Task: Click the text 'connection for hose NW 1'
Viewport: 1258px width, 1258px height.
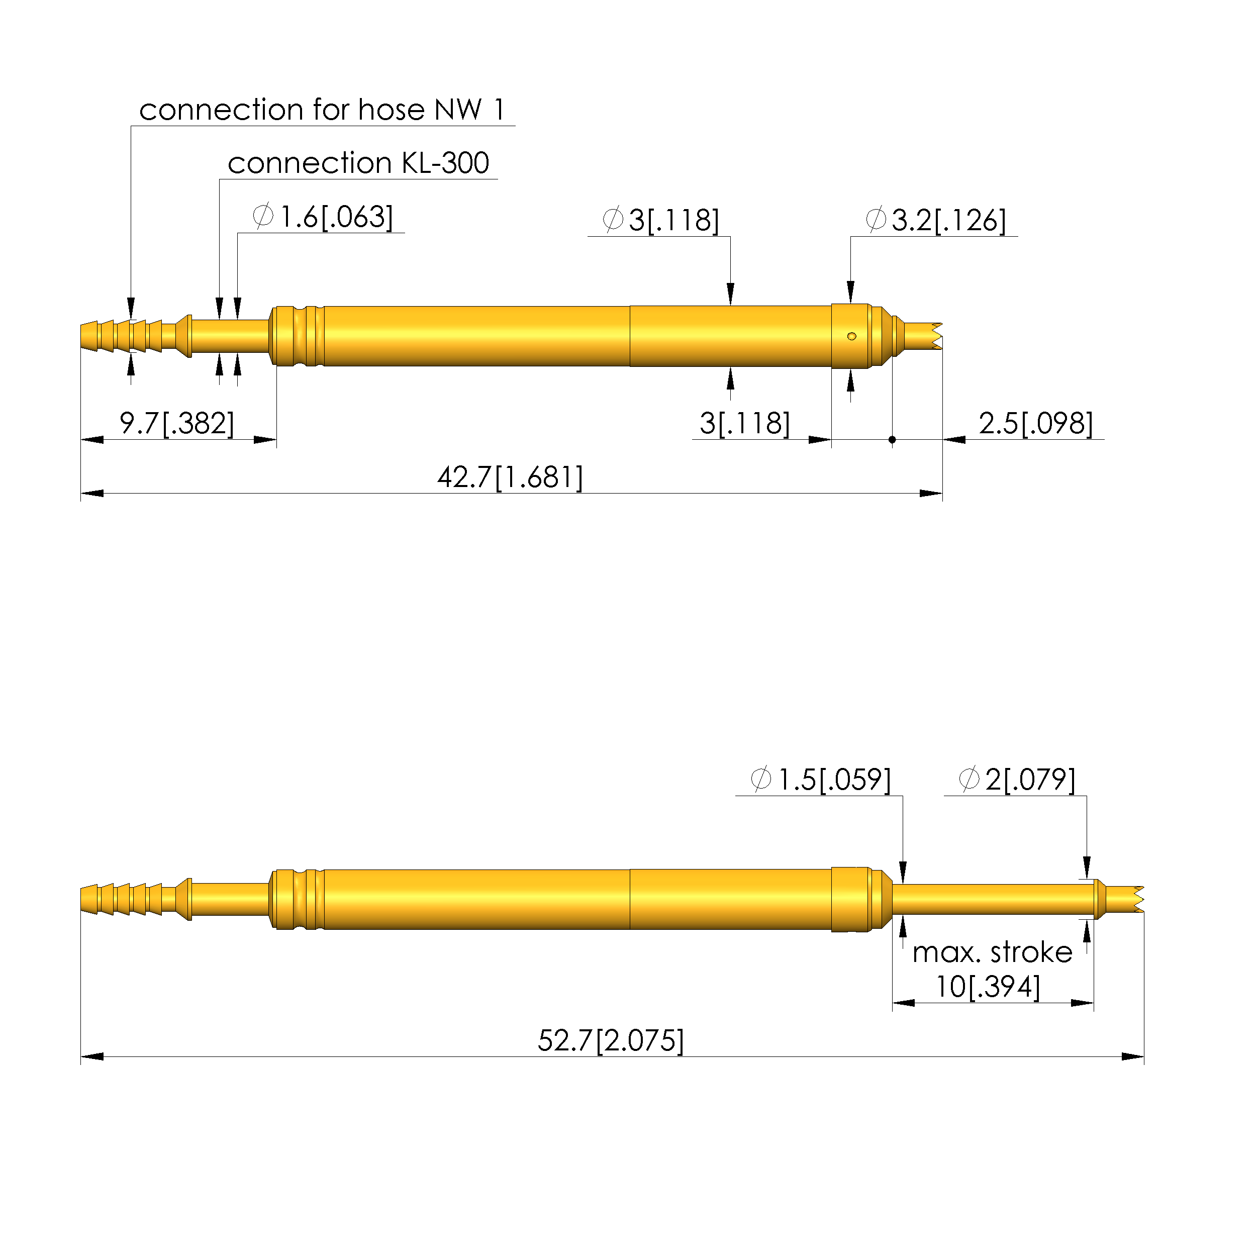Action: click(x=322, y=110)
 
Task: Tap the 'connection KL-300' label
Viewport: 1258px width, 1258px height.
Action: click(x=358, y=163)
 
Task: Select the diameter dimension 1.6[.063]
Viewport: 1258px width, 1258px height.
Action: click(x=336, y=217)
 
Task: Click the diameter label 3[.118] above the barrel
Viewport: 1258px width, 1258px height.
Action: click(x=674, y=220)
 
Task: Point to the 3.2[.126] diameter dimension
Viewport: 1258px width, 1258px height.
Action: click(x=949, y=220)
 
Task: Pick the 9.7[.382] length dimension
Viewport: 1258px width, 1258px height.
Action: click(x=176, y=423)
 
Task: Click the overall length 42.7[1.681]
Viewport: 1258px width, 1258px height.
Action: click(x=510, y=477)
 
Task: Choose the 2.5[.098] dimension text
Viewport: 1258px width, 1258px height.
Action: click(x=1036, y=423)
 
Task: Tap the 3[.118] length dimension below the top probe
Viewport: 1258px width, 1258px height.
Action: click(x=745, y=423)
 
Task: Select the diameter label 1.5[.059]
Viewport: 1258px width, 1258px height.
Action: click(x=834, y=780)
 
